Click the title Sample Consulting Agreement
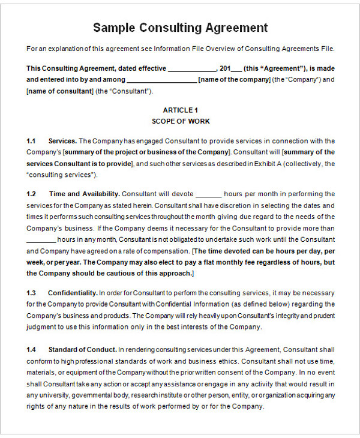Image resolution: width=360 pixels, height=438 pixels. coord(180,28)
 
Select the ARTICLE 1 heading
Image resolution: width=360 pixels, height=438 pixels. coord(180,110)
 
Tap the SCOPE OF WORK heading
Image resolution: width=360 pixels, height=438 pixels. coord(180,121)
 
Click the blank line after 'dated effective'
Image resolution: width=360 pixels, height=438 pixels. coord(192,68)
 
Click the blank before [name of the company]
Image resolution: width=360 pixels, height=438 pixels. coord(162,80)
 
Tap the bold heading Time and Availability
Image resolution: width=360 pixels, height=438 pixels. coord(85,194)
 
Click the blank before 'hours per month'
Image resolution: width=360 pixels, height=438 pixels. coord(209,194)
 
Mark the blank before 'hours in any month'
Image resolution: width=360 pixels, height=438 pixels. coord(41,239)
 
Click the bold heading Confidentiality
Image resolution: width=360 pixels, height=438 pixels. coord(73,293)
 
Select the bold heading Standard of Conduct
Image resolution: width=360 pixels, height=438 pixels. coord(82,349)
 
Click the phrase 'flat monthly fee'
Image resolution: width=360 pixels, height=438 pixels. coord(251,262)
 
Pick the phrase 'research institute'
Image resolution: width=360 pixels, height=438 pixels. coord(160,395)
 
